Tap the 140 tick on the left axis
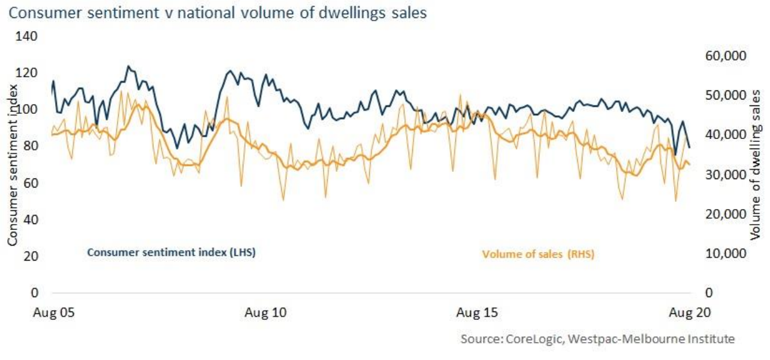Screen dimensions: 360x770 [29, 37]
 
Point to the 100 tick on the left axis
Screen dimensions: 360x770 [29, 110]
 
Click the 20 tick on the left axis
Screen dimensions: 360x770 [31, 256]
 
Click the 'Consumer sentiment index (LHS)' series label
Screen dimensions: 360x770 [171, 252]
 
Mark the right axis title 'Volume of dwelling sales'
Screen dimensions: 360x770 [756, 165]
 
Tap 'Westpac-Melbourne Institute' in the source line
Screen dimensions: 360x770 [651, 339]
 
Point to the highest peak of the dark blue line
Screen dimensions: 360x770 [128, 66]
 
